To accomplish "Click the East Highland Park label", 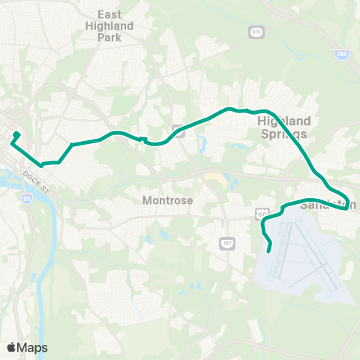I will pyautogui.click(x=115, y=25).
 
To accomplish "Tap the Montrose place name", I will pyautogui.click(x=168, y=200).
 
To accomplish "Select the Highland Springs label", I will pyautogui.click(x=283, y=127).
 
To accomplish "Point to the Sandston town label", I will pyautogui.click(x=328, y=205).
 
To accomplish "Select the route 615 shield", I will pyautogui.click(x=256, y=31).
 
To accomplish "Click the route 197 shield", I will pyautogui.click(x=226, y=243).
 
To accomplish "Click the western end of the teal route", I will pyautogui.click(x=15, y=136).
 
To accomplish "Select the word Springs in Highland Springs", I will pyautogui.click(x=283, y=133).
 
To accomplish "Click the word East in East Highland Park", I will pyautogui.click(x=115, y=14).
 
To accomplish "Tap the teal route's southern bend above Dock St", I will pyautogui.click(x=42, y=163).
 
